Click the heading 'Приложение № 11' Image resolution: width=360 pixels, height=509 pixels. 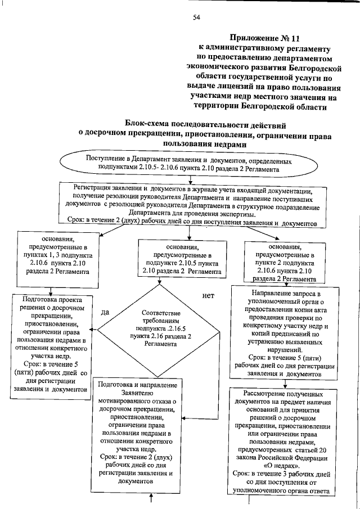pos(262,38)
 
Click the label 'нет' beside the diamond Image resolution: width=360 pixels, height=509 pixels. pos(208,295)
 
